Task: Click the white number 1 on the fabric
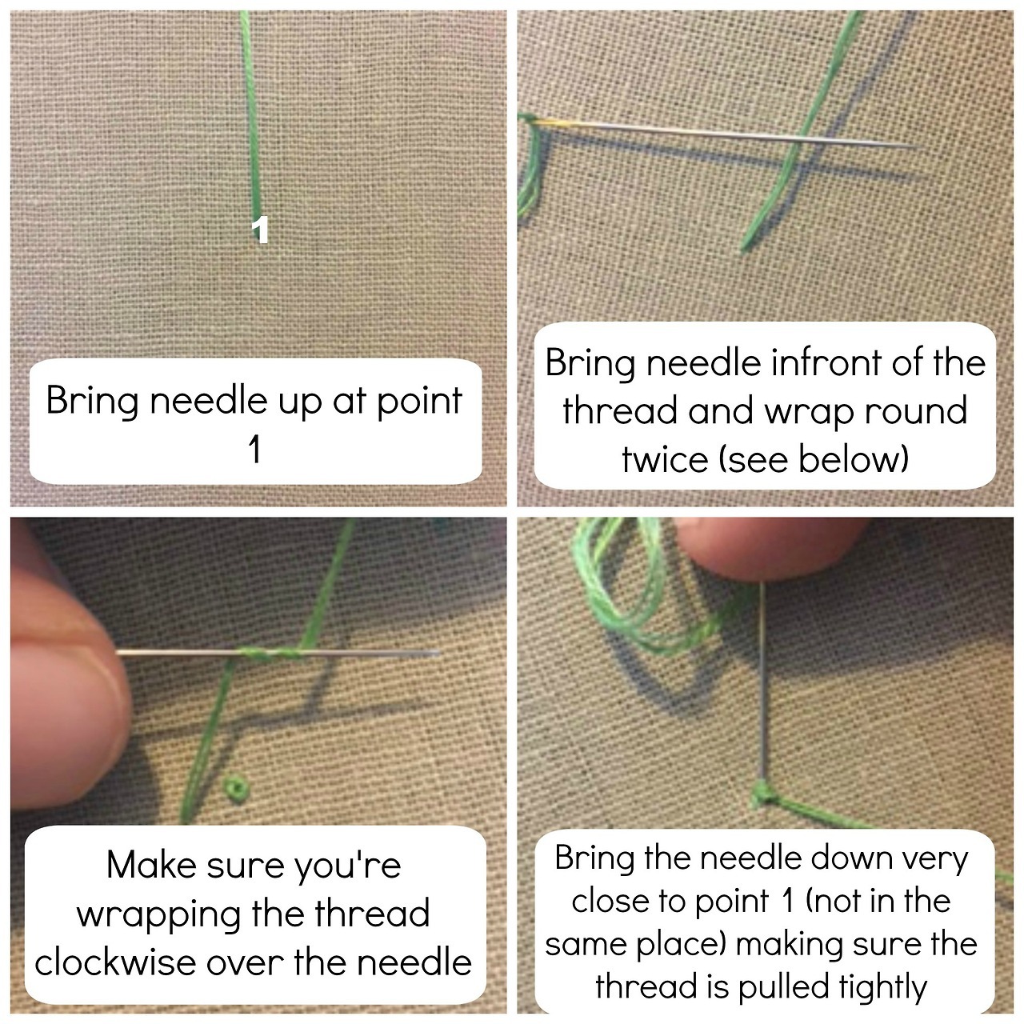click(260, 230)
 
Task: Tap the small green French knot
click(234, 786)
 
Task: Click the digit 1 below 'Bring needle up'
click(255, 450)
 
